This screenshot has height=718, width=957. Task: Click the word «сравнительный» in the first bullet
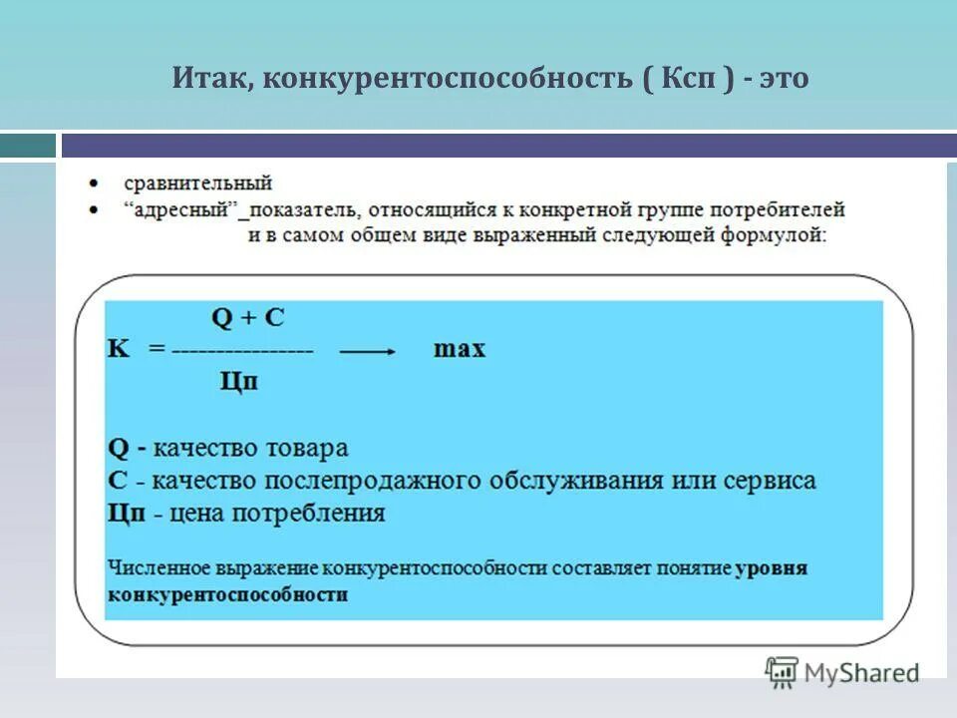197,183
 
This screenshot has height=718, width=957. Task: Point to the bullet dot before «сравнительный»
93,184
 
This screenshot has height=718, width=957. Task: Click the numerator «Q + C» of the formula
248,318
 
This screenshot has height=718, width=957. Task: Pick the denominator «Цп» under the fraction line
238,381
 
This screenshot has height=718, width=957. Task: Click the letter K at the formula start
118,350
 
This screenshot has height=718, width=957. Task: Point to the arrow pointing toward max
368,351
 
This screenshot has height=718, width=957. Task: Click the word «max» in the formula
460,350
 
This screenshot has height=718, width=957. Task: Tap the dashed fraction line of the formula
242,351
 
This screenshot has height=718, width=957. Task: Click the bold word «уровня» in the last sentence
772,568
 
